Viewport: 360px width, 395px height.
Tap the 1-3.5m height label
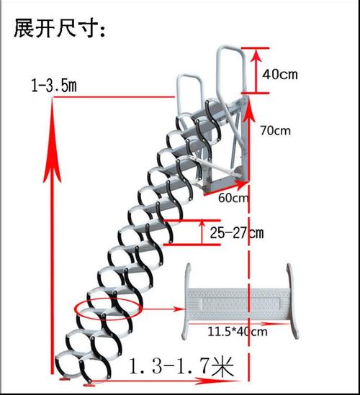tap(54, 86)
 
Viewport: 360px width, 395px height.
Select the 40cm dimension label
tap(280, 75)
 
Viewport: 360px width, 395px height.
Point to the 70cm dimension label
tap(276, 131)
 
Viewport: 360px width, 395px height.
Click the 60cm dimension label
tap(233, 198)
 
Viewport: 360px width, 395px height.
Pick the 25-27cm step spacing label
tap(237, 232)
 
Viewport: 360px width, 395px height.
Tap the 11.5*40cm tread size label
tap(237, 332)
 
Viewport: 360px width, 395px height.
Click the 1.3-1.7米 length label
tap(181, 366)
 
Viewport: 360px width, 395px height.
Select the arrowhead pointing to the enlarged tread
tap(180, 309)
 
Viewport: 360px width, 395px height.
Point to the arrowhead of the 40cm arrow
tap(256, 55)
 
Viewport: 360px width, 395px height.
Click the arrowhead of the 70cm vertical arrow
tap(248, 109)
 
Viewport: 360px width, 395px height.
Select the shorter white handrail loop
tap(189, 76)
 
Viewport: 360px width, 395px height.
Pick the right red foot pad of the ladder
tap(89, 384)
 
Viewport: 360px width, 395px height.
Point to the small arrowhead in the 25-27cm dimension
tap(202, 224)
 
